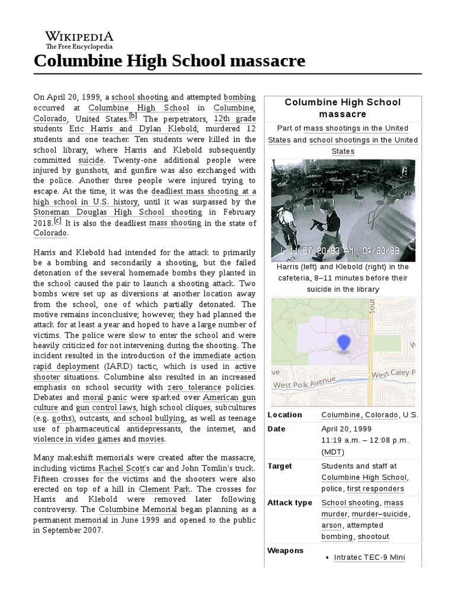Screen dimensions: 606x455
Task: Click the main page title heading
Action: pyautogui.click(x=169, y=60)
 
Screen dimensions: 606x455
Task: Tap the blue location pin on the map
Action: pyautogui.click(x=343, y=343)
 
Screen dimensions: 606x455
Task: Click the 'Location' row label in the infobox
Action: pyautogui.click(x=284, y=415)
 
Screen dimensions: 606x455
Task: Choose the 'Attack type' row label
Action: pyautogui.click(x=289, y=502)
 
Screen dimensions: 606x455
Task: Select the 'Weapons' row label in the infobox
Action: pyautogui.click(x=285, y=550)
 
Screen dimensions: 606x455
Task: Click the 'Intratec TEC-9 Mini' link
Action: pyautogui.click(x=369, y=557)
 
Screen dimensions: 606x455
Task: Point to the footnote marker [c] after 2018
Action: pyautogui.click(x=57, y=221)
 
